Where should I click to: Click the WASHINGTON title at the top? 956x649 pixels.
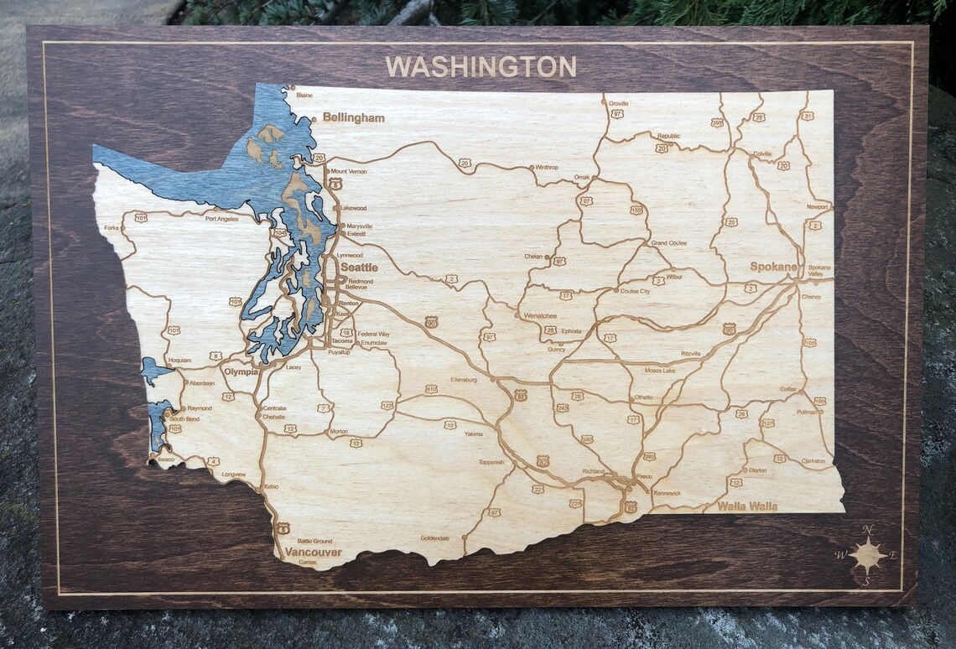coord(481,66)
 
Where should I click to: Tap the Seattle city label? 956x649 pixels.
coord(359,267)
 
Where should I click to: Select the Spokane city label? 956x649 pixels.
coord(773,267)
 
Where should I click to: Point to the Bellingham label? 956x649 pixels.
coord(353,118)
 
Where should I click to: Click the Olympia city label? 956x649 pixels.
coord(241,371)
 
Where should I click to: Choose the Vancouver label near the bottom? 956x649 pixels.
coord(313,553)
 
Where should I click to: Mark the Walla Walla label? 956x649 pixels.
coord(746,506)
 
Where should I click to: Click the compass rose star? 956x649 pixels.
coord(867,554)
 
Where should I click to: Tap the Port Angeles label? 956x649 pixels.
coord(221,219)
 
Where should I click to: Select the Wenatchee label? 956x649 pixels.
coord(540,315)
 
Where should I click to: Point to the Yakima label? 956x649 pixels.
coord(474,434)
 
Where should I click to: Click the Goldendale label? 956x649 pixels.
coord(435,537)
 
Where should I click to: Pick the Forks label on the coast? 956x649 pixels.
coord(112,227)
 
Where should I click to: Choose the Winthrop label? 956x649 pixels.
coord(546,167)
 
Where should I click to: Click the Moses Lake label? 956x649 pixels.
coord(659,370)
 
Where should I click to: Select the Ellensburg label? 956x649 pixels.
coord(464,379)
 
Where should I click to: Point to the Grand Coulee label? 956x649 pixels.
coord(669,243)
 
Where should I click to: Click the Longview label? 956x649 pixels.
coord(234,474)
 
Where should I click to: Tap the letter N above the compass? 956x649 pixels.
coord(869,529)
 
